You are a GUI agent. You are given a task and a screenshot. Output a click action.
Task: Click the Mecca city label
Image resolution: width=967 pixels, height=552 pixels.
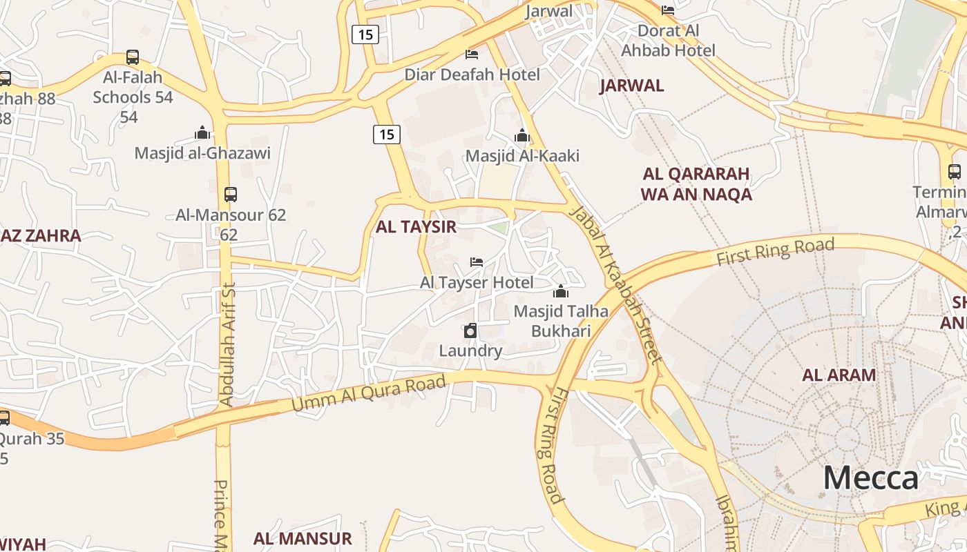pyautogui.click(x=870, y=478)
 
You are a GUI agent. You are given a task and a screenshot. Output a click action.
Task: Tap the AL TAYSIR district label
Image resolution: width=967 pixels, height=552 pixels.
pyautogui.click(x=416, y=227)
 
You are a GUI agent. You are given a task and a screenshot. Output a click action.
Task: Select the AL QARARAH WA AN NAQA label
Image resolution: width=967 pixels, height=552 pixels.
pyautogui.click(x=696, y=184)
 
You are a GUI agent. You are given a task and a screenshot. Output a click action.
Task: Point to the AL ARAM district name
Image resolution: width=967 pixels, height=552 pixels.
pyautogui.click(x=839, y=375)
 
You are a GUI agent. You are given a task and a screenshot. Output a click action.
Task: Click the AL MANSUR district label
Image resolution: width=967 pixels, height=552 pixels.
pyautogui.click(x=303, y=539)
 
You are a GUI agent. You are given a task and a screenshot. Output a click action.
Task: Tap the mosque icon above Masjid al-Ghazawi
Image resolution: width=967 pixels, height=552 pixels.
pyautogui.click(x=202, y=132)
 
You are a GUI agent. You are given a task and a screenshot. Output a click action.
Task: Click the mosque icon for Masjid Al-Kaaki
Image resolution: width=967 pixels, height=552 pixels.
pyautogui.click(x=522, y=135)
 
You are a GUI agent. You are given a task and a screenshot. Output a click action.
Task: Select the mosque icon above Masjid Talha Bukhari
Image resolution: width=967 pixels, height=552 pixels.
pyautogui.click(x=561, y=291)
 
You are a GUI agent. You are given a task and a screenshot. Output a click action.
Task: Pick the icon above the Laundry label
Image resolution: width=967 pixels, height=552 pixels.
pyautogui.click(x=470, y=331)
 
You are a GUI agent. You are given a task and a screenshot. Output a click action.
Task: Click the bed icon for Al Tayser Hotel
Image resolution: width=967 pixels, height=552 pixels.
pyautogui.click(x=477, y=262)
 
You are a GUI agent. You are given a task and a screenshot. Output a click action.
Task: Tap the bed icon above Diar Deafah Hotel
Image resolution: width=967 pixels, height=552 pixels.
pyautogui.click(x=472, y=54)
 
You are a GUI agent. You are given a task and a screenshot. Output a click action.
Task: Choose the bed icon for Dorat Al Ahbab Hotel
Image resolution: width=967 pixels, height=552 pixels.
pyautogui.click(x=667, y=10)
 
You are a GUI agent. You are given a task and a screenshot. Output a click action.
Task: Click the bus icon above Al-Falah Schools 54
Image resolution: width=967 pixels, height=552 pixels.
pyautogui.click(x=133, y=57)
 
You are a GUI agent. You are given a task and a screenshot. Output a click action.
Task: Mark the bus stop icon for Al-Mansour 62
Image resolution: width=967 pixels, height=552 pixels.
pyautogui.click(x=231, y=195)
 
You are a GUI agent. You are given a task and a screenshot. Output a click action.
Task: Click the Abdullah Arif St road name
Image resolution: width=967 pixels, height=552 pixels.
pyautogui.click(x=227, y=344)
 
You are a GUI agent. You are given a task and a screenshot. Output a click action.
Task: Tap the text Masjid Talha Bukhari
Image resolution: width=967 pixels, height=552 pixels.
pyautogui.click(x=561, y=321)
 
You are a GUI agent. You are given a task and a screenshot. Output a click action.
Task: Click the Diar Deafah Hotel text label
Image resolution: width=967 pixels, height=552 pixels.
pyautogui.click(x=472, y=75)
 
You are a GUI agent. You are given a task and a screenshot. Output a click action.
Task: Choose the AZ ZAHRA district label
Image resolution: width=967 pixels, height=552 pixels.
pyautogui.click(x=41, y=236)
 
